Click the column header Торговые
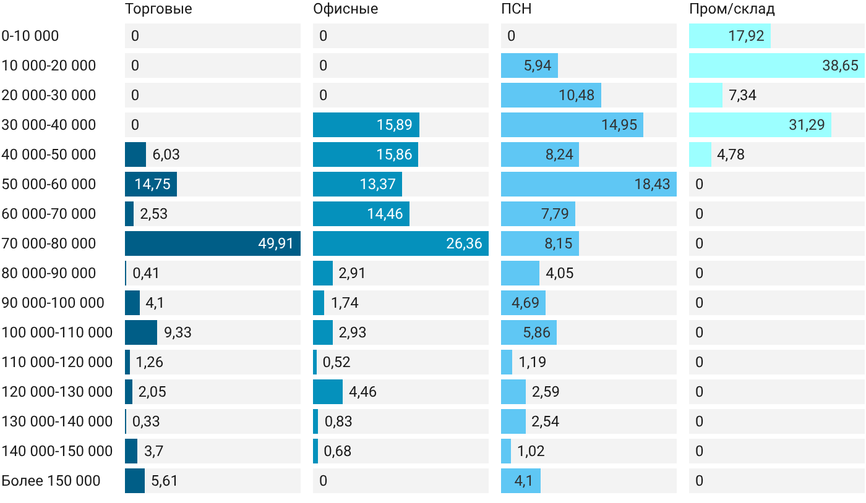point(158,9)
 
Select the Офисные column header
point(346,9)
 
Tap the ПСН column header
point(517,9)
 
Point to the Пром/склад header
point(732,9)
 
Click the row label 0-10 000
point(30,36)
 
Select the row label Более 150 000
point(51,481)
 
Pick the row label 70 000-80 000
point(49,243)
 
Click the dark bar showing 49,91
point(213,243)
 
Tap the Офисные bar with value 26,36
point(401,243)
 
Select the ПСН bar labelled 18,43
point(589,184)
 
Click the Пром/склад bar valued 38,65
point(777,66)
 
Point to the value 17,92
point(746,36)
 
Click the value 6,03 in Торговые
point(166,154)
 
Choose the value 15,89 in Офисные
point(395,125)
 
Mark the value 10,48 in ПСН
point(577,95)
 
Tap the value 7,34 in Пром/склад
point(742,95)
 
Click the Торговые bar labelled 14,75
point(151,184)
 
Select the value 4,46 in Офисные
point(362,392)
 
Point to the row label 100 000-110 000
point(57,332)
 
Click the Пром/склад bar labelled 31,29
point(760,125)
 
